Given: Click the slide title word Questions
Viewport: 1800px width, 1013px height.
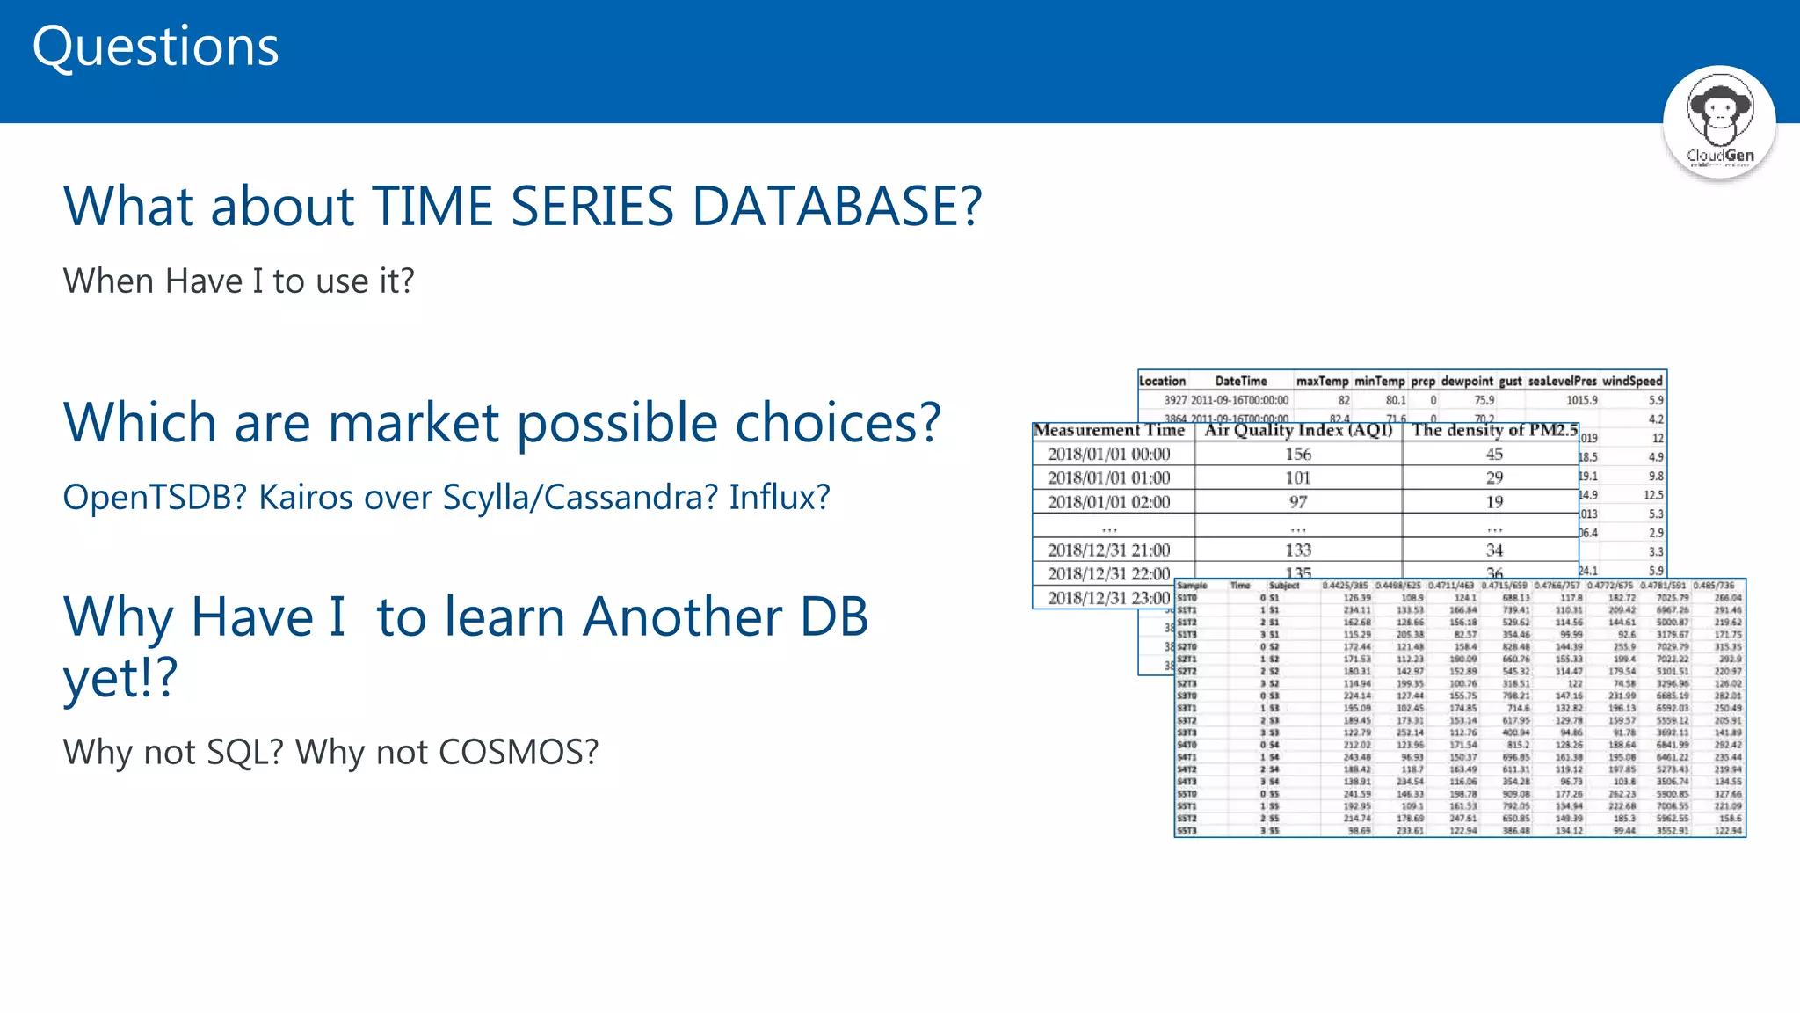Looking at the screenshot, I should click(156, 47).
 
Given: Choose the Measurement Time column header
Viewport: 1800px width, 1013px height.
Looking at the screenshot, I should click(1109, 430).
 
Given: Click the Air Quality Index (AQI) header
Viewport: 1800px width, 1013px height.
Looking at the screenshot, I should click(1298, 430).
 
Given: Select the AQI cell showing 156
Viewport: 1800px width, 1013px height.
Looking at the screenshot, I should click(1298, 454).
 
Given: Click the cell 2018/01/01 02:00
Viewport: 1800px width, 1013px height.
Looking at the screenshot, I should click(1109, 502).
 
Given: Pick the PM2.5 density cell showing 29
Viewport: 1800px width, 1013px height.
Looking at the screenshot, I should click(1494, 478).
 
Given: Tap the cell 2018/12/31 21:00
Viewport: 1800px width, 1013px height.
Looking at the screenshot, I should click(1109, 550).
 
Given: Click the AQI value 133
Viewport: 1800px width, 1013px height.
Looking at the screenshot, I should click(1298, 550).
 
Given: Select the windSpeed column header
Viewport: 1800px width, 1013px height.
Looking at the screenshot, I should click(1632, 381).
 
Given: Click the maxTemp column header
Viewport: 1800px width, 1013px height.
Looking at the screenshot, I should click(1322, 381).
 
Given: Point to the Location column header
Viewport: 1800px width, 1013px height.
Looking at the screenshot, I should click(1162, 381).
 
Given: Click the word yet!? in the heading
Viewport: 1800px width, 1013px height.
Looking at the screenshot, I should click(120, 679).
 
